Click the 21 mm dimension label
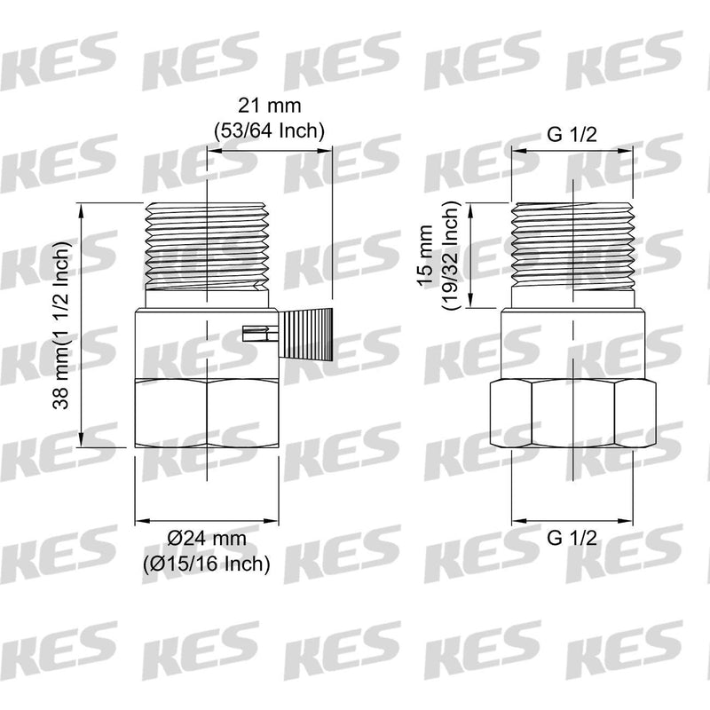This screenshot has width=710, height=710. (270, 106)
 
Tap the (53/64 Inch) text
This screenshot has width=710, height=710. (270, 130)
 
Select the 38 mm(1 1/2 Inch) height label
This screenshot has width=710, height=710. (61, 326)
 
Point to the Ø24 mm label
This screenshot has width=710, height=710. (207, 539)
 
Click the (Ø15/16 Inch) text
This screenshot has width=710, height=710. (207, 564)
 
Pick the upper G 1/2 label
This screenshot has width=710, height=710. (572, 135)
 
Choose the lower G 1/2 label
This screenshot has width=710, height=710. (572, 538)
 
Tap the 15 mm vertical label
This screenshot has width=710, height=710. (426, 255)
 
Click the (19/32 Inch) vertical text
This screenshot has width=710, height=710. (452, 255)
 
